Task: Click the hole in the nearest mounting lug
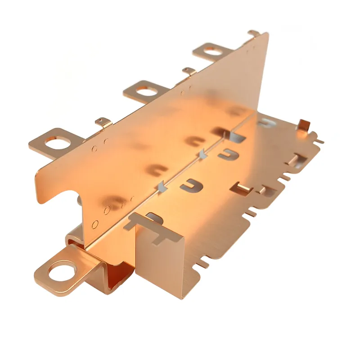tap(60, 271)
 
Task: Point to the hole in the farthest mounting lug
tap(213, 51)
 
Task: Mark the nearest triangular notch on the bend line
tap(160, 185)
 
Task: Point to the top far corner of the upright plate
tap(267, 33)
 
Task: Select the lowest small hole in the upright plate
tap(95, 224)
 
